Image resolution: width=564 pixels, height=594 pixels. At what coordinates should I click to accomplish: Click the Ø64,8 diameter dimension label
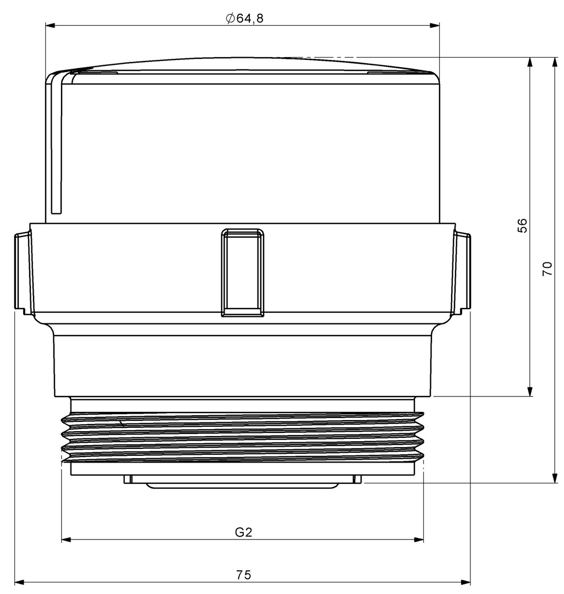[x=244, y=18]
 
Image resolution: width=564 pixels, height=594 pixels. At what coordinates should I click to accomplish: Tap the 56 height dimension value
[x=522, y=226]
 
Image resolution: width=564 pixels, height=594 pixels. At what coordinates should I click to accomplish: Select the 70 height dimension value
[x=547, y=268]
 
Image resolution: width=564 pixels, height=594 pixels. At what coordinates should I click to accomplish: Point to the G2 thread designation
[x=243, y=532]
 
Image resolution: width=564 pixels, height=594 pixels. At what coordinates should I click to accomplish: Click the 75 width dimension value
[x=244, y=575]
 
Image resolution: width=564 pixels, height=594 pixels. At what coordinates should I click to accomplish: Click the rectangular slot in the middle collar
[x=243, y=272]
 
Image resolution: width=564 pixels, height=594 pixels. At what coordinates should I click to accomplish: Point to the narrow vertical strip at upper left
[x=56, y=144]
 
